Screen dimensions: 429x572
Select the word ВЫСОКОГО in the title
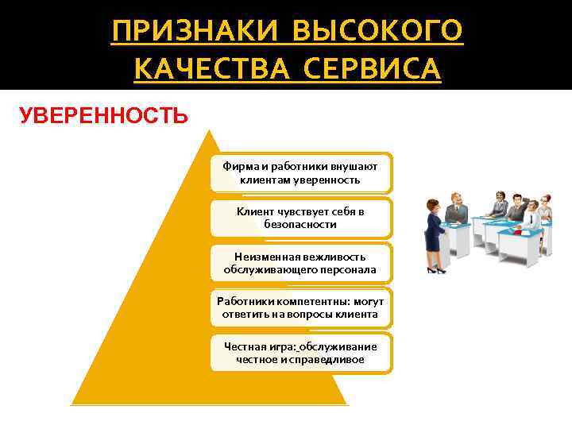click(x=377, y=32)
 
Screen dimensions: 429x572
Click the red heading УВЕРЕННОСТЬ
click(x=103, y=117)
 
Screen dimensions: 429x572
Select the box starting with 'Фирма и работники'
click(x=301, y=172)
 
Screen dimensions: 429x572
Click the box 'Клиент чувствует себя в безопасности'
click(x=301, y=218)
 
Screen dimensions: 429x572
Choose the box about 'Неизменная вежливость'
click(x=301, y=263)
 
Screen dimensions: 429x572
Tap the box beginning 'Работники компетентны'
click(x=301, y=307)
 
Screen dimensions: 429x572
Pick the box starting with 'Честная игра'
click(x=301, y=353)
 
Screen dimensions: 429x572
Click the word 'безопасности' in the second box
click(x=301, y=225)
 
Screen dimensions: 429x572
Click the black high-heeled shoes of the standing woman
click(x=435, y=270)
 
